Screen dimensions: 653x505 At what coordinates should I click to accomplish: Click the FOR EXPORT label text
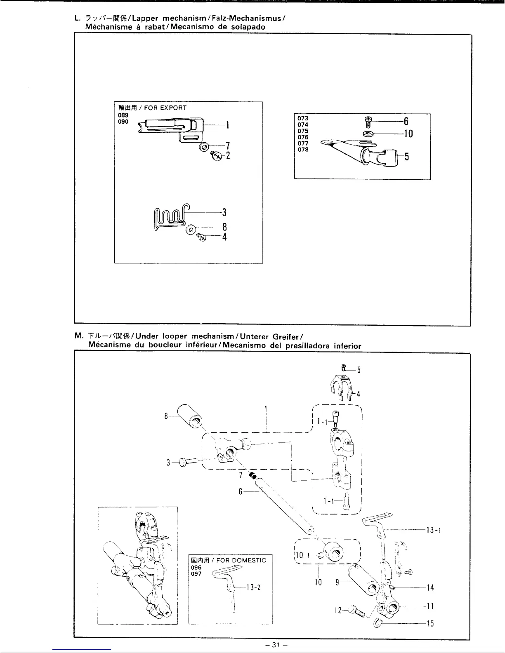(165, 108)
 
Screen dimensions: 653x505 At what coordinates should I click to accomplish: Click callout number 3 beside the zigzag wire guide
(224, 212)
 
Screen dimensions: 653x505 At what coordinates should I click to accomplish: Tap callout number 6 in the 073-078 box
(406, 121)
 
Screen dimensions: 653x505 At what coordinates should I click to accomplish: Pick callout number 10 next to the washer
(408, 134)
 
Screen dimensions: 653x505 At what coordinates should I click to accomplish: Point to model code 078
(303, 150)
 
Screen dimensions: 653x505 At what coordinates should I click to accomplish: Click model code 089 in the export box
(123, 115)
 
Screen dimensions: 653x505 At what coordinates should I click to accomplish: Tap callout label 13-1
(434, 530)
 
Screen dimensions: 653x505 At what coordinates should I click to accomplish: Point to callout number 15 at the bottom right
(429, 624)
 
